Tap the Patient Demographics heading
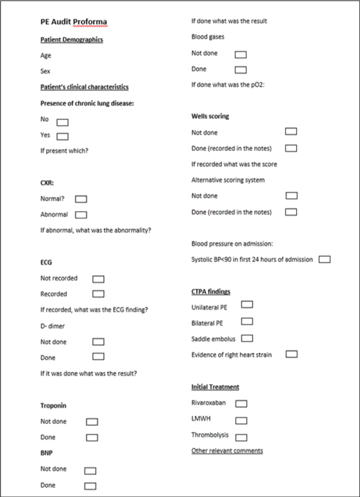pyautogui.click(x=72, y=40)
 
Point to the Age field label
pyautogui.click(x=46, y=56)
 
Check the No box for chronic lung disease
pyautogui.click(x=63, y=121)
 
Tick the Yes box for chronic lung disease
pyautogui.click(x=63, y=136)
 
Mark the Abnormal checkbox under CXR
pyautogui.click(x=81, y=214)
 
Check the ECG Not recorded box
pyautogui.click(x=98, y=279)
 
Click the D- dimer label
pyautogui.click(x=53, y=326)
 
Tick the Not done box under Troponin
pyautogui.click(x=92, y=422)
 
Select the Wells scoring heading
pyautogui.click(x=210, y=116)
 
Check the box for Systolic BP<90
pyautogui.click(x=325, y=259)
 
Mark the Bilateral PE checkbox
pyautogui.click(x=246, y=321)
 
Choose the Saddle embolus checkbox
pyautogui.click(x=246, y=338)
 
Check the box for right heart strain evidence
pyautogui.click(x=292, y=354)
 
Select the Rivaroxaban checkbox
pyautogui.click(x=241, y=403)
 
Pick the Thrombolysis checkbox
pyautogui.click(x=241, y=436)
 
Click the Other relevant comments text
pyautogui.click(x=227, y=451)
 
